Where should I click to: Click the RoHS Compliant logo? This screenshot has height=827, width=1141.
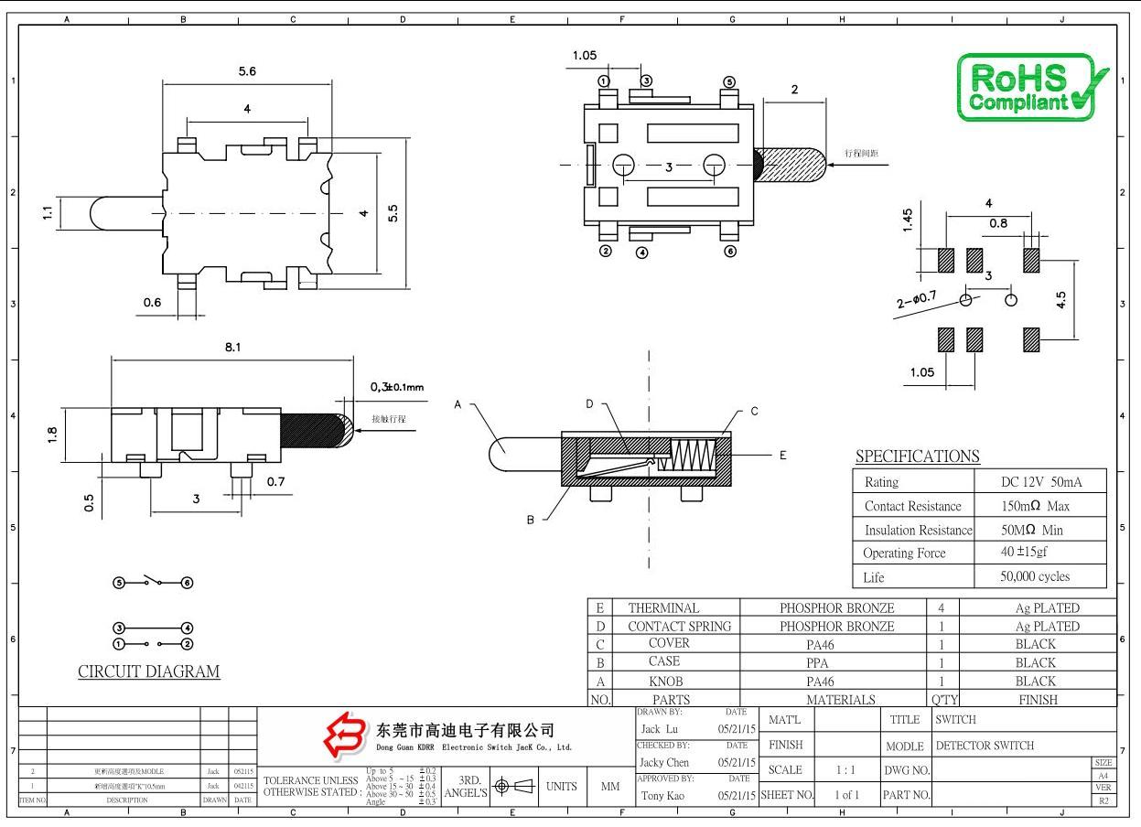(1031, 86)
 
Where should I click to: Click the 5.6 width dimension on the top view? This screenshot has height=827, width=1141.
(247, 72)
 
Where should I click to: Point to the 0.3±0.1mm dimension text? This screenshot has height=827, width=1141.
(396, 387)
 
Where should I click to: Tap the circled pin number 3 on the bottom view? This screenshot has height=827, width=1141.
(646, 81)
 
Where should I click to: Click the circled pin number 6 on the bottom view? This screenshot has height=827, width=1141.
(729, 252)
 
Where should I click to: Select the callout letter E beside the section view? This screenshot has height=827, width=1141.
(782, 455)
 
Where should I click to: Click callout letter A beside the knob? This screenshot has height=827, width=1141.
(457, 404)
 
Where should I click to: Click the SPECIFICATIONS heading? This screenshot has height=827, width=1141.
(917, 456)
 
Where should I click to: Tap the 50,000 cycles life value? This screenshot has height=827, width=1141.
(1035, 576)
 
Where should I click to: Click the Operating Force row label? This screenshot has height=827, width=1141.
(904, 553)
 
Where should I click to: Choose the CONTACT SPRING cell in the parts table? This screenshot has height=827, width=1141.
(679, 627)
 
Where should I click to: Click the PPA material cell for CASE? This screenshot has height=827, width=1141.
(836, 662)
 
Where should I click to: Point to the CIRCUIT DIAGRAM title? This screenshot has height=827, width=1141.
(149, 671)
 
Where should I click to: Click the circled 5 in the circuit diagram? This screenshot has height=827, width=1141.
(119, 583)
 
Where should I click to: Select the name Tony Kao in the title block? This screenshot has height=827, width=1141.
(665, 795)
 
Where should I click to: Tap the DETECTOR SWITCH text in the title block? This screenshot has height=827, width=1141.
(985, 746)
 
